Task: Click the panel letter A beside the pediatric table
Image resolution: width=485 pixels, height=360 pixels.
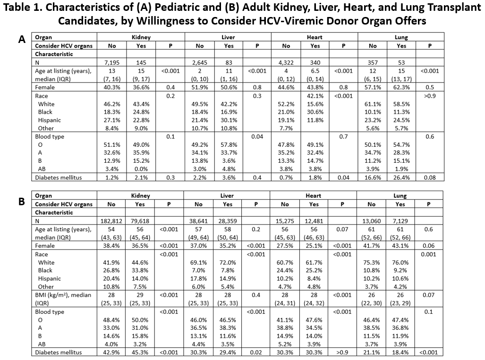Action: (22, 40)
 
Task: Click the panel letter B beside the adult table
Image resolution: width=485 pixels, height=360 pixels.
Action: (22, 201)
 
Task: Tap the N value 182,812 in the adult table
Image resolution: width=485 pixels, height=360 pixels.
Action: (111, 221)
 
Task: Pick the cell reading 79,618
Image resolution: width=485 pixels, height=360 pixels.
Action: (140, 221)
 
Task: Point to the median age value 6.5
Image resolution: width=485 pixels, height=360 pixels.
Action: (315, 71)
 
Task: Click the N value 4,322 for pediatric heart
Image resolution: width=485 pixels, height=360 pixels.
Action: (286, 62)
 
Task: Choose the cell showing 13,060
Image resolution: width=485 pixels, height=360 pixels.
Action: (372, 221)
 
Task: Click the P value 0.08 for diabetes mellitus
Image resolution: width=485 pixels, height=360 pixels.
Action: (430, 177)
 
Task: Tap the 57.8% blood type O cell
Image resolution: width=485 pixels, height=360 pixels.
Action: (229, 145)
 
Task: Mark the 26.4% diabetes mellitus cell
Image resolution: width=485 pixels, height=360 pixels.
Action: (401, 177)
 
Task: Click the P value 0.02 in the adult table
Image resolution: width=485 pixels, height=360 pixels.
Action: (256, 352)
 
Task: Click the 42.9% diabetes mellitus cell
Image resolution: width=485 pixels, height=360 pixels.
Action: (111, 352)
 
